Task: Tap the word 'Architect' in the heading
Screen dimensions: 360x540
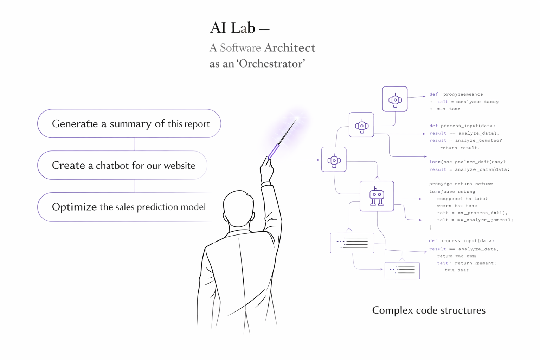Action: pyautogui.click(x=290, y=48)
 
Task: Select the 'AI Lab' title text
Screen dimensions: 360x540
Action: pyautogui.click(x=233, y=28)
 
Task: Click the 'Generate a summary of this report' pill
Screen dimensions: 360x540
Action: pyautogui.click(x=129, y=124)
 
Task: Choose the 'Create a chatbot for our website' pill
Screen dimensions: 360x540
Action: pyautogui.click(x=122, y=165)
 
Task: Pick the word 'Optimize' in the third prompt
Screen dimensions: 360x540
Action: pyautogui.click(x=74, y=207)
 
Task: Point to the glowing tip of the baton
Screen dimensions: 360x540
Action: pyautogui.click(x=296, y=119)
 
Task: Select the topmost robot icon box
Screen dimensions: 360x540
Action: pyautogui.click(x=395, y=99)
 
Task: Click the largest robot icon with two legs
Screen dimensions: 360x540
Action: pyautogui.click(x=377, y=196)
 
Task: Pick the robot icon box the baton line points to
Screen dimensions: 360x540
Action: pyautogui.click(x=334, y=160)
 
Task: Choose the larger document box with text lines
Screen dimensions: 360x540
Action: pyautogui.click(x=352, y=243)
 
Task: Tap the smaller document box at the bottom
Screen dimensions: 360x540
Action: pyautogui.click(x=402, y=270)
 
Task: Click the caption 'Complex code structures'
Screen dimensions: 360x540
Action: pyautogui.click(x=429, y=310)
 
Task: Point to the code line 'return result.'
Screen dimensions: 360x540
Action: pyautogui.click(x=459, y=148)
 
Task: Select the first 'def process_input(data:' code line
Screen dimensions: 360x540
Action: pyautogui.click(x=462, y=126)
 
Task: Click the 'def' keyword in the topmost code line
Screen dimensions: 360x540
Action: pyautogui.click(x=433, y=94)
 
